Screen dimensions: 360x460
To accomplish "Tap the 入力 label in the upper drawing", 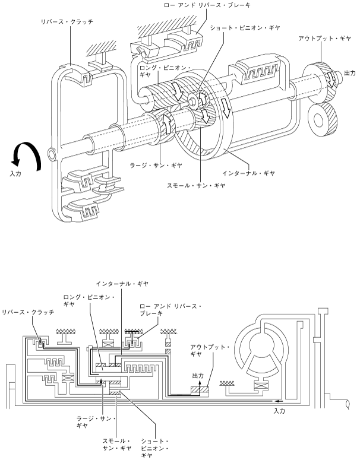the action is (15, 174).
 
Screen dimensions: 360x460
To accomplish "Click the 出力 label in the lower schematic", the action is (198, 376).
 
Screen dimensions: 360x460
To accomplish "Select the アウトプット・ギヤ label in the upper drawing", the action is (324, 39).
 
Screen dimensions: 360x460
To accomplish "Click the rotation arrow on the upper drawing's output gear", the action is (331, 79).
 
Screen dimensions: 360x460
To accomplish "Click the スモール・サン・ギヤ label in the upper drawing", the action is (196, 185).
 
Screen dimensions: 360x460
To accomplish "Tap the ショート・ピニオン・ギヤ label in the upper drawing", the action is (245, 27).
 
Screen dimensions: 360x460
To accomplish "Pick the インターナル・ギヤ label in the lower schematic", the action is (122, 284).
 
